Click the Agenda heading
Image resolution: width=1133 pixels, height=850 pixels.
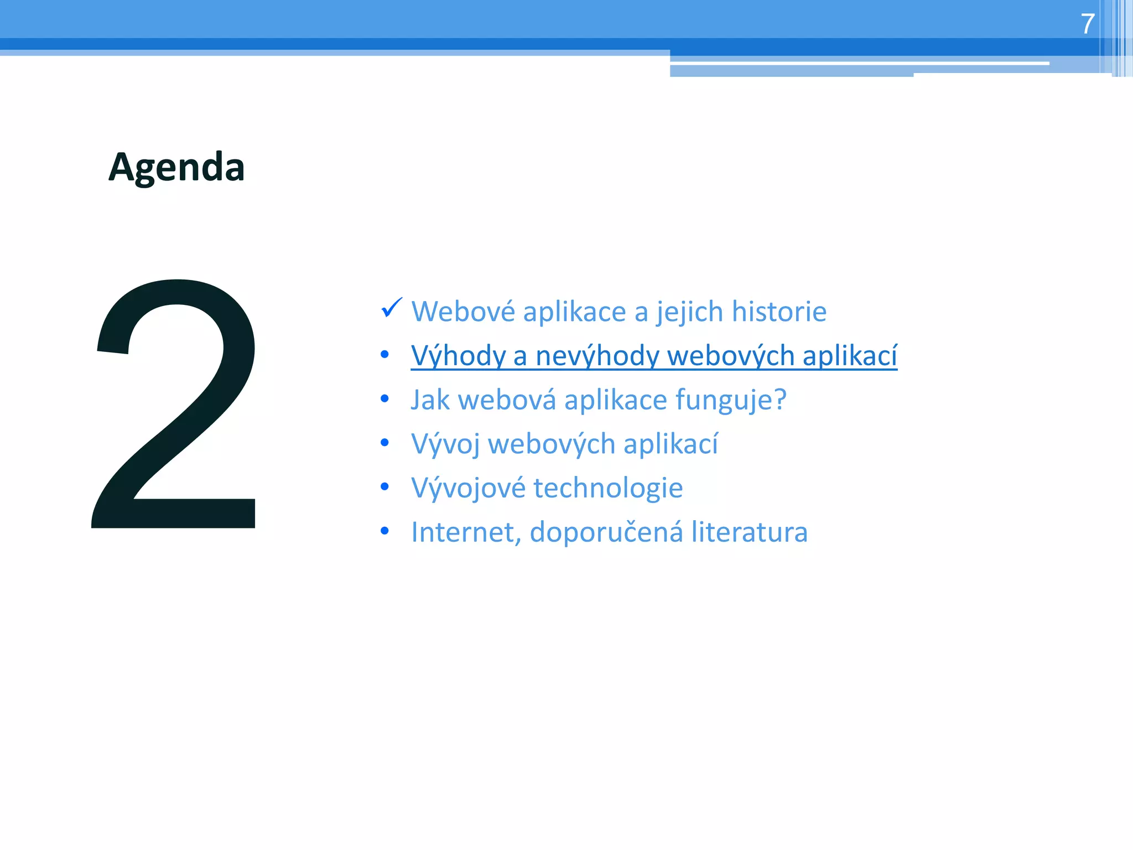[176, 167]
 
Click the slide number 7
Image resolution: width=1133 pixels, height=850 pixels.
[1087, 24]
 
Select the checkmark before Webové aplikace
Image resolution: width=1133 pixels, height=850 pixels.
[392, 308]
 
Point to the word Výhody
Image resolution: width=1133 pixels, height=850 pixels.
[458, 356]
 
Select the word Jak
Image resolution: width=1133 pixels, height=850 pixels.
[430, 400]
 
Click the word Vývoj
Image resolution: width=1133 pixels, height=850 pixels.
[445, 444]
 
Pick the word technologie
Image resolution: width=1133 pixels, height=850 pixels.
[608, 488]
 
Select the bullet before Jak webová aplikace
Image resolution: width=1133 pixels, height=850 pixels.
[385, 398]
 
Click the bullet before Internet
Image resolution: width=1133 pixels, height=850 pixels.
[385, 531]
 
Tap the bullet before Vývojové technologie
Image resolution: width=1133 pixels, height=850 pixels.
[385, 487]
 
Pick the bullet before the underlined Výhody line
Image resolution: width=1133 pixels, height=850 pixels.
[385, 354]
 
